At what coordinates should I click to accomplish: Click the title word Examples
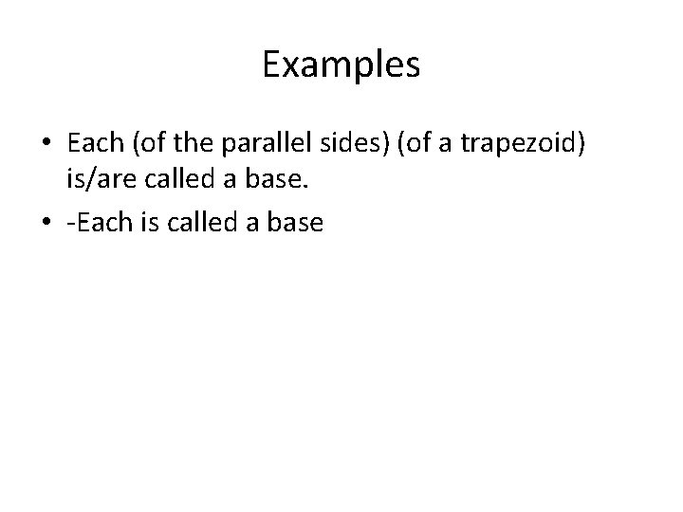click(341, 65)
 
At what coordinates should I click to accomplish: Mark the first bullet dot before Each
click(47, 143)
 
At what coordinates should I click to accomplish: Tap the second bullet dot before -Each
click(47, 225)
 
